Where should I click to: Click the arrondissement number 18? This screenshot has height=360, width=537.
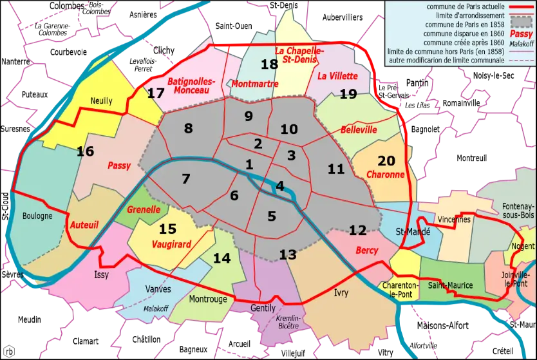pyautogui.click(x=269, y=64)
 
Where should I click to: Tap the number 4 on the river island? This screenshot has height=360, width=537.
pyautogui.click(x=279, y=186)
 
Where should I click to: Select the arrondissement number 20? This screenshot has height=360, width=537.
pyautogui.click(x=387, y=161)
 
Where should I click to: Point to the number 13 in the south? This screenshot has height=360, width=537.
pyautogui.click(x=288, y=254)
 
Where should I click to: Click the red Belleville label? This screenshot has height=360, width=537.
pyautogui.click(x=359, y=129)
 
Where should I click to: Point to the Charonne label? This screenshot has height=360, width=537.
pyautogui.click(x=385, y=175)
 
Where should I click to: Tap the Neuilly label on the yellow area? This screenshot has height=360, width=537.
pyautogui.click(x=101, y=101)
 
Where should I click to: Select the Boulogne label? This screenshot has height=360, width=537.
pyautogui.click(x=37, y=216)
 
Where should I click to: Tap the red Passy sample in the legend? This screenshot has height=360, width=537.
pyautogui.click(x=520, y=33)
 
